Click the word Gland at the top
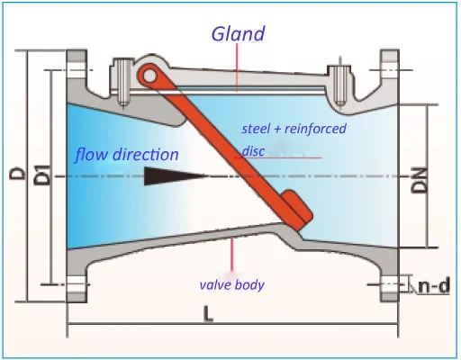tap(239, 33)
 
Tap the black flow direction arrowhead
tap(176, 176)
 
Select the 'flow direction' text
tap(127, 155)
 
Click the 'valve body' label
tap(231, 284)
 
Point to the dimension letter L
tap(208, 314)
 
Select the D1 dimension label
tap(42, 175)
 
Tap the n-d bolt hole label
tap(434, 285)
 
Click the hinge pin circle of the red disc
tap(149, 76)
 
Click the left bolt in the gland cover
tap(122, 82)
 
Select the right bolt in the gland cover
tap(339, 85)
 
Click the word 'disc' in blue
tap(253, 151)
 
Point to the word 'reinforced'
tap(315, 129)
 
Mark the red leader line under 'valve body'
tap(231, 254)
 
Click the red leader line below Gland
tap(237, 67)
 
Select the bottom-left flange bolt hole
tap(76, 284)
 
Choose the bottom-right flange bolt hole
tap(390, 283)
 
